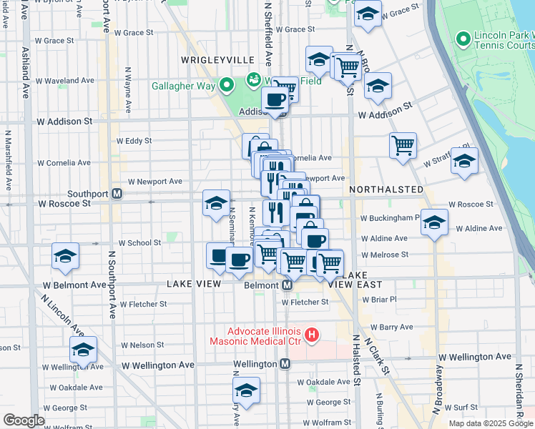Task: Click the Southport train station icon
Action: (117, 194)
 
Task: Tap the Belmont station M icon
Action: (287, 285)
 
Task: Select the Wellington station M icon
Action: (285, 364)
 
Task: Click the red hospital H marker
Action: (311, 334)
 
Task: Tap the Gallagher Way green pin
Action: (227, 87)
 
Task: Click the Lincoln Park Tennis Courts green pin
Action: (464, 38)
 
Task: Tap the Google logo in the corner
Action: (24, 420)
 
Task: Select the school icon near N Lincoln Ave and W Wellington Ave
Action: (83, 350)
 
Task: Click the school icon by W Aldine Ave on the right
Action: (434, 222)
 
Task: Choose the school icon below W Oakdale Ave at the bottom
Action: (246, 390)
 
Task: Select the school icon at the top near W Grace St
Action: (368, 14)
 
